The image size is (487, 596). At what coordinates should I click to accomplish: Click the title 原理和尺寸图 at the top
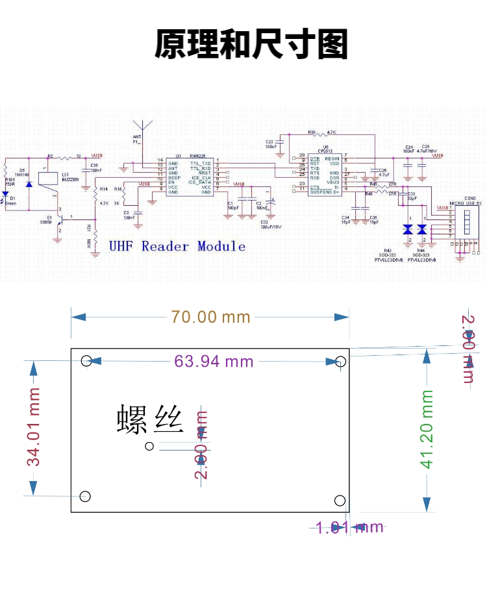[251, 45]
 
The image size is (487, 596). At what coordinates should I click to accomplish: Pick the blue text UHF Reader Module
[177, 246]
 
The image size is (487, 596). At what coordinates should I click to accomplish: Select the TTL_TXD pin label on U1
[200, 163]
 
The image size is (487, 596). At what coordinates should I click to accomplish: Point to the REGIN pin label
[332, 158]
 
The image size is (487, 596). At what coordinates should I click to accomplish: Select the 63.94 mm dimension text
[214, 362]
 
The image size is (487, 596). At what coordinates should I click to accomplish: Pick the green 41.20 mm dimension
[426, 428]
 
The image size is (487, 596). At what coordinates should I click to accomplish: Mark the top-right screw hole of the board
[340, 361]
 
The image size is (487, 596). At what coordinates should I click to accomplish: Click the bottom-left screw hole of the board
[85, 497]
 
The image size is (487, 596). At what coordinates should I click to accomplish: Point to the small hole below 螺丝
[150, 445]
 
